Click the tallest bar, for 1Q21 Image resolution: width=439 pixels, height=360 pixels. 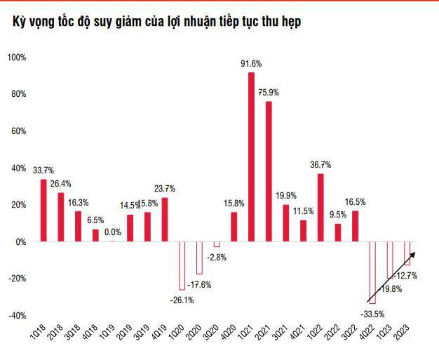tap(251, 157)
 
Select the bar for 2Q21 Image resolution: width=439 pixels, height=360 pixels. tap(269, 172)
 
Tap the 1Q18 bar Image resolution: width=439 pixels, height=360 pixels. tap(43, 211)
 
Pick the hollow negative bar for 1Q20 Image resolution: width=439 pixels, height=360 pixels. tap(182, 265)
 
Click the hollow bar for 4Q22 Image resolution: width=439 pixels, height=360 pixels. tap(372, 272)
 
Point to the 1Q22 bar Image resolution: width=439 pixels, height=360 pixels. tap(320, 208)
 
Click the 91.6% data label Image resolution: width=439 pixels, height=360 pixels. tap(251, 65)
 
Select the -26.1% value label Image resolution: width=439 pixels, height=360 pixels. tap(182, 300)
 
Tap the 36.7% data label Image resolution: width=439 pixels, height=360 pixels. tap(320, 165)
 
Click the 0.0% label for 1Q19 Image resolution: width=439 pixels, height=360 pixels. tap(113, 232)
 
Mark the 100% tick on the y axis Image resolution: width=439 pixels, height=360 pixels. tap(16, 58)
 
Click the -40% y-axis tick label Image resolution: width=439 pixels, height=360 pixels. tap(16, 315)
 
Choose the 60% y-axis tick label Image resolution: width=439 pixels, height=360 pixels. tap(18, 131)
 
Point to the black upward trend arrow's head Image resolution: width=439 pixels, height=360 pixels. tap(414, 253)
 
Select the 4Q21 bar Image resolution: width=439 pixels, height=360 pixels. tap(303, 231)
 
